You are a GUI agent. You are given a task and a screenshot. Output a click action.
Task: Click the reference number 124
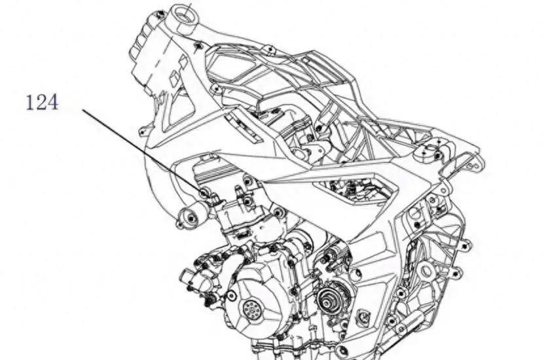[42, 103]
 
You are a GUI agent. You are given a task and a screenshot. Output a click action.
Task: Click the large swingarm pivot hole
[426, 270]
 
